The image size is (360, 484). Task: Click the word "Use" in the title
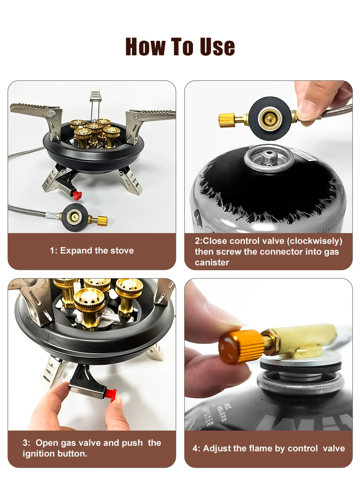tap(217, 47)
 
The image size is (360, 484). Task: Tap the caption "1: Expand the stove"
tap(92, 251)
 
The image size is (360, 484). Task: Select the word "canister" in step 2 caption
tap(212, 262)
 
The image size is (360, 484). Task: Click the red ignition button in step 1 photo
tap(77, 195)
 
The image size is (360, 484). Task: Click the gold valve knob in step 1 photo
tap(102, 221)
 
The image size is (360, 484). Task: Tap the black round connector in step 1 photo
tap(75, 217)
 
